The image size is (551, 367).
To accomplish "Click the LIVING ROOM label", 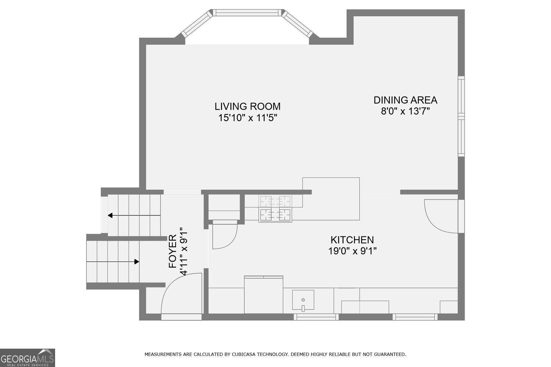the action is coord(248,107).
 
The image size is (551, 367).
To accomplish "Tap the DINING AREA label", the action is coord(406,100).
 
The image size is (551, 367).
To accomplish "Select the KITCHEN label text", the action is coord(352,240).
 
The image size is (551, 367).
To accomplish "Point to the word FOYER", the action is coord(173,251).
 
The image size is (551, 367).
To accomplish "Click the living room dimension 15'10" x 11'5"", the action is coord(248,118).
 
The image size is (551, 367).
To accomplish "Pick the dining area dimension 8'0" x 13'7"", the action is coord(406,111).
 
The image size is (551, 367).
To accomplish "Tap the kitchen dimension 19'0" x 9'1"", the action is coord(353,251).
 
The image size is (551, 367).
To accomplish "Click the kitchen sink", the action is coord(303,299).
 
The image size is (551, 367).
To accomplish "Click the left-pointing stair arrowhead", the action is coord(110,215).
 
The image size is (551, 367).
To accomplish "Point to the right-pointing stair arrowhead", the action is coord(137,262).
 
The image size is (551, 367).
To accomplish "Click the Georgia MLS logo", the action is coord(27,358).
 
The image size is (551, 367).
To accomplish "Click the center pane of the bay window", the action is coord(247,12).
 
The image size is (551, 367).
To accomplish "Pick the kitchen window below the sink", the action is coord(316,317).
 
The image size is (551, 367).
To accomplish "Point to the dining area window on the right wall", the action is coord(461,116).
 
